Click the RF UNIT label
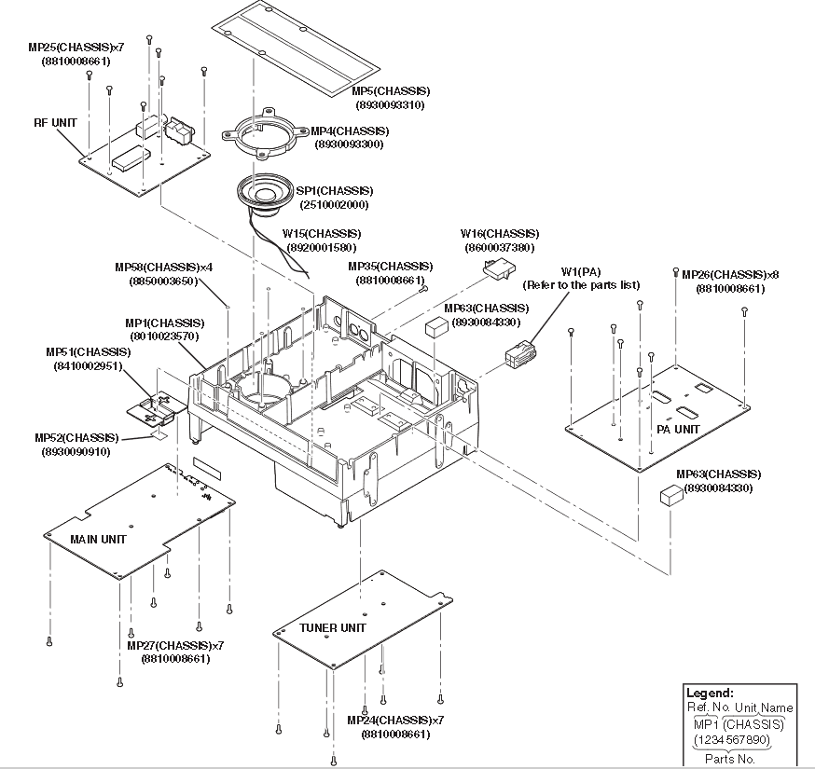[x=55, y=123]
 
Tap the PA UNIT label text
[x=678, y=429]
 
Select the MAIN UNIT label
[x=98, y=540]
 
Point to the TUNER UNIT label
[x=333, y=627]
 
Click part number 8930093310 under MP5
[x=391, y=105]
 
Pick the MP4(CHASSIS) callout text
[x=350, y=130]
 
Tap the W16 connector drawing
[x=499, y=269]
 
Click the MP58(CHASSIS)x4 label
[x=164, y=268]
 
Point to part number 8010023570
[x=164, y=336]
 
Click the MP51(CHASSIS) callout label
[x=89, y=352]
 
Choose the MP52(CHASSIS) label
[x=76, y=438]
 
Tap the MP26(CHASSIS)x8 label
[x=730, y=275]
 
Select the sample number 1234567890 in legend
[x=732, y=739]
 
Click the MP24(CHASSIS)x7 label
[x=395, y=721]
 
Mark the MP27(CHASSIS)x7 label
[x=175, y=645]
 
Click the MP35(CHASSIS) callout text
[x=391, y=267]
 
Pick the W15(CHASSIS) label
[x=322, y=234]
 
